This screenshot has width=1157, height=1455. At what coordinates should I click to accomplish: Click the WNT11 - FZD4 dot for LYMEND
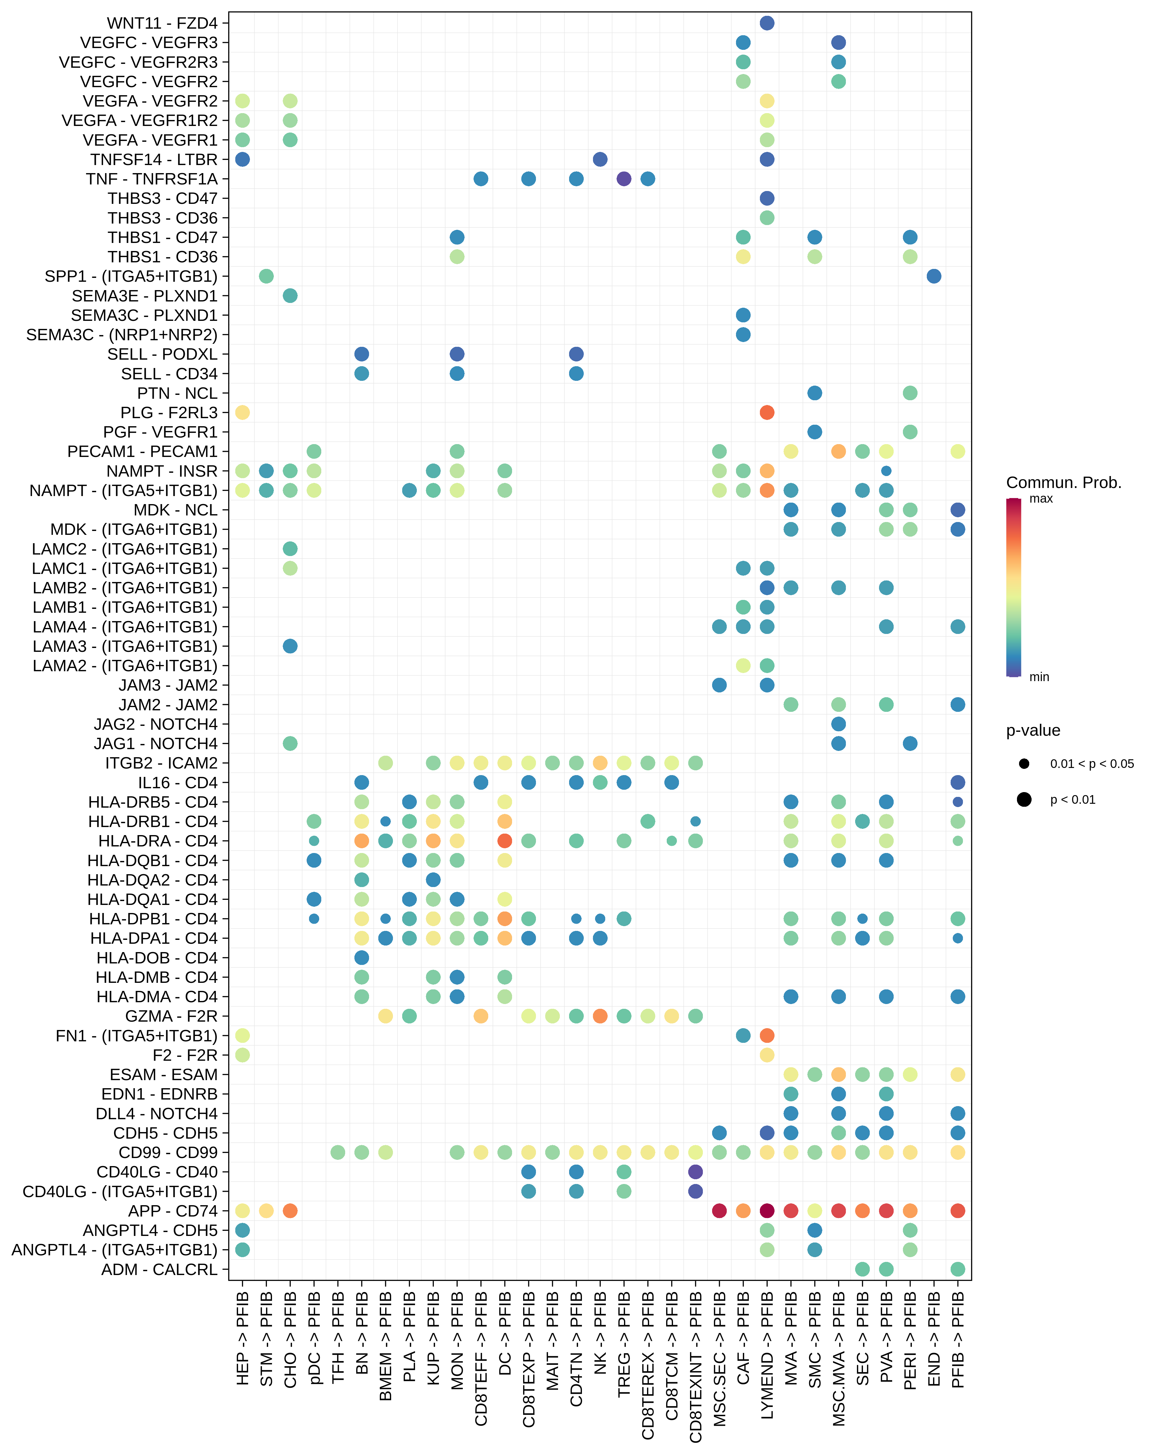coord(767,23)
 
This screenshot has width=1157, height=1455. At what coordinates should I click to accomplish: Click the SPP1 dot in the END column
coord(934,276)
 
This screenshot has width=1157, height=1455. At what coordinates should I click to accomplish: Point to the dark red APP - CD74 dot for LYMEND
coord(767,1211)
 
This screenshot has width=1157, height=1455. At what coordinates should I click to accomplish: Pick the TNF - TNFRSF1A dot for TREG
coord(624,179)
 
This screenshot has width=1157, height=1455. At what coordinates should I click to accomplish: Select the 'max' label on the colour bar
coord(1041,499)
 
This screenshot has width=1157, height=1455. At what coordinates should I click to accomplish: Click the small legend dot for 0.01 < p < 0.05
coord(1024,764)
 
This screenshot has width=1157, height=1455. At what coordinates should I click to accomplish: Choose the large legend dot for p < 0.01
coord(1024,800)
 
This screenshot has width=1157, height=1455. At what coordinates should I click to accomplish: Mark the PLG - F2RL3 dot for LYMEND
coord(767,412)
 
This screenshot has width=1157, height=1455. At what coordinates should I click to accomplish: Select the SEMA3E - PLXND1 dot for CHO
coord(290,295)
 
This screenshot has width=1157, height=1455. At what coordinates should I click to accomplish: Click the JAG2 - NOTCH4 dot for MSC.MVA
coord(838,724)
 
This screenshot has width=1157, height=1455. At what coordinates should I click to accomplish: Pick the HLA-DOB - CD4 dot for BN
coord(362,958)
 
